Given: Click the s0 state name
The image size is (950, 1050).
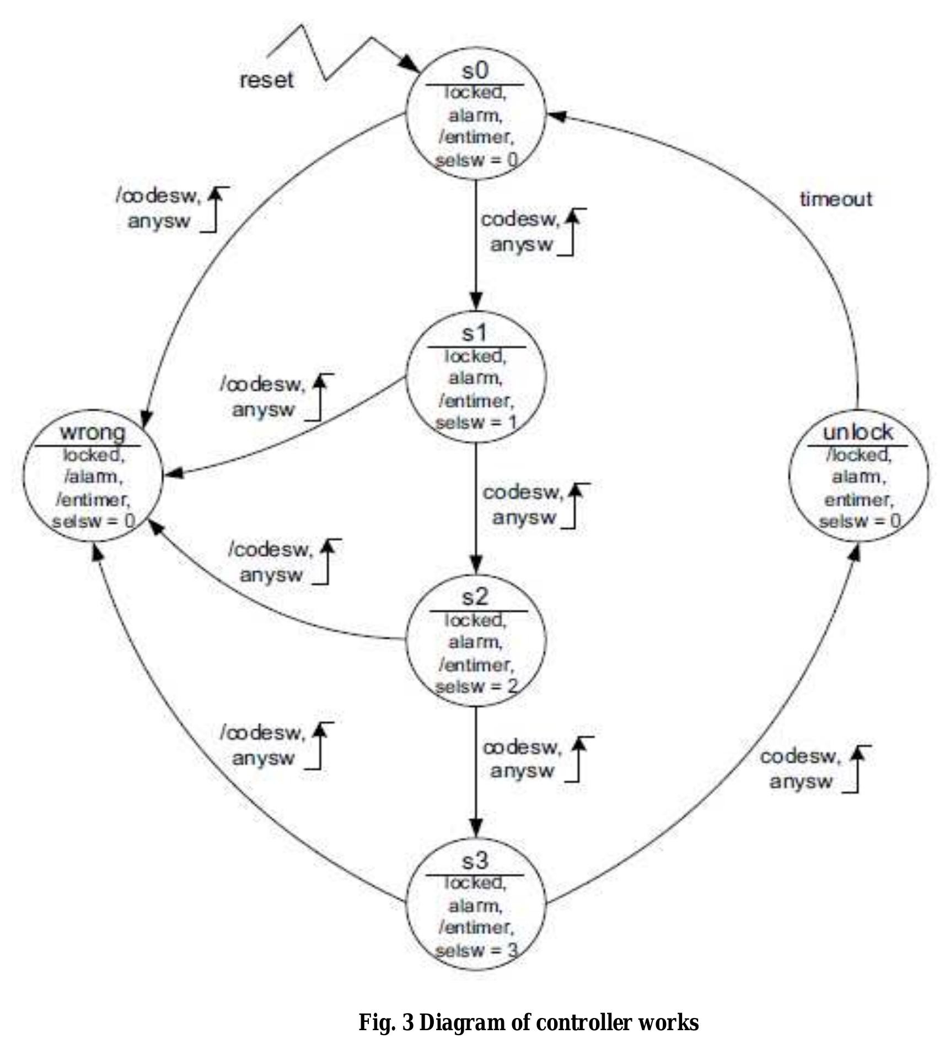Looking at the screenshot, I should tap(475, 71).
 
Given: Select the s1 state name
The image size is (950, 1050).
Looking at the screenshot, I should tap(475, 333).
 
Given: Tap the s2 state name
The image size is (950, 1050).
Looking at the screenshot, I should tap(475, 597).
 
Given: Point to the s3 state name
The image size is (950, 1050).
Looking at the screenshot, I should tap(475, 860).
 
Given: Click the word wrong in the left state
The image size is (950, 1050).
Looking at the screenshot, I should tap(93, 432).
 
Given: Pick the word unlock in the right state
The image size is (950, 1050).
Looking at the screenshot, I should tap(857, 432).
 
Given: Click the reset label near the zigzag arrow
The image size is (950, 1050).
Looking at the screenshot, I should tap(266, 80).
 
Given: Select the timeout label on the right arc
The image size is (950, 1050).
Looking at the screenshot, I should tap(836, 199).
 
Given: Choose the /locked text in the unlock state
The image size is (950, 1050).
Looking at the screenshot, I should tap(858, 455).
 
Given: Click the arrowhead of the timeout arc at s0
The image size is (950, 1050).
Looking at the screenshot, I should tap(556, 116).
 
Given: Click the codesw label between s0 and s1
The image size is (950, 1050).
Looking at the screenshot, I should tap(519, 220).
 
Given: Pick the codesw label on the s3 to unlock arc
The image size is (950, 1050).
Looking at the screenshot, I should tap(799, 757).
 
